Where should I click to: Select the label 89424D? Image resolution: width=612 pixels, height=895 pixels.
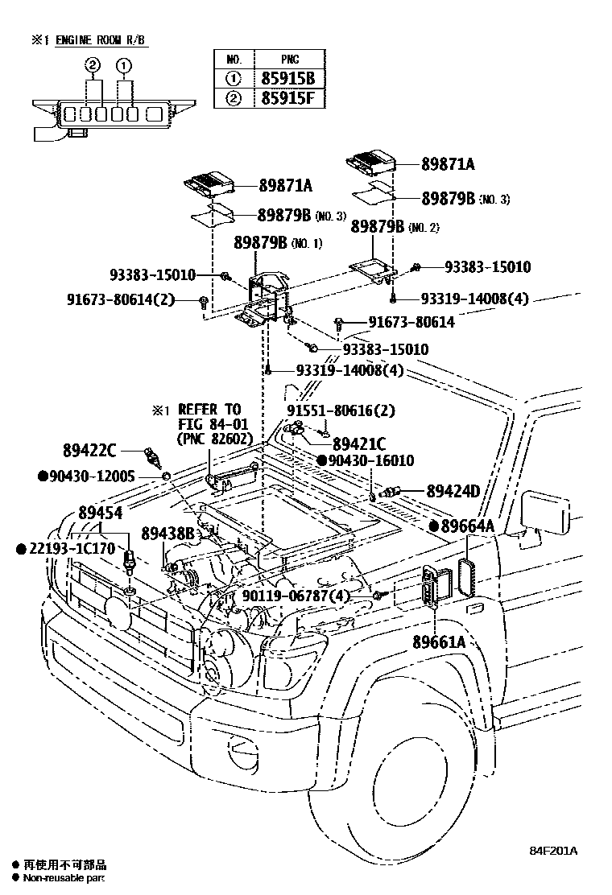click(x=453, y=491)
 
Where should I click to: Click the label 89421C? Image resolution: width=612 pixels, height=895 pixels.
click(x=359, y=443)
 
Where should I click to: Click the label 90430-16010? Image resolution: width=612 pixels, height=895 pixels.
click(x=370, y=460)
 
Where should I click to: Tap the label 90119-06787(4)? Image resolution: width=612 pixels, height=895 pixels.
click(x=296, y=596)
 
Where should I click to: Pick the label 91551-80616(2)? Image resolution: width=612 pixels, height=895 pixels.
click(x=341, y=410)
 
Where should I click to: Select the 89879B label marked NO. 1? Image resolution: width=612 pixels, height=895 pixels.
click(x=261, y=242)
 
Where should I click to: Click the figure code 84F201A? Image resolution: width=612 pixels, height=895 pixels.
click(x=553, y=851)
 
